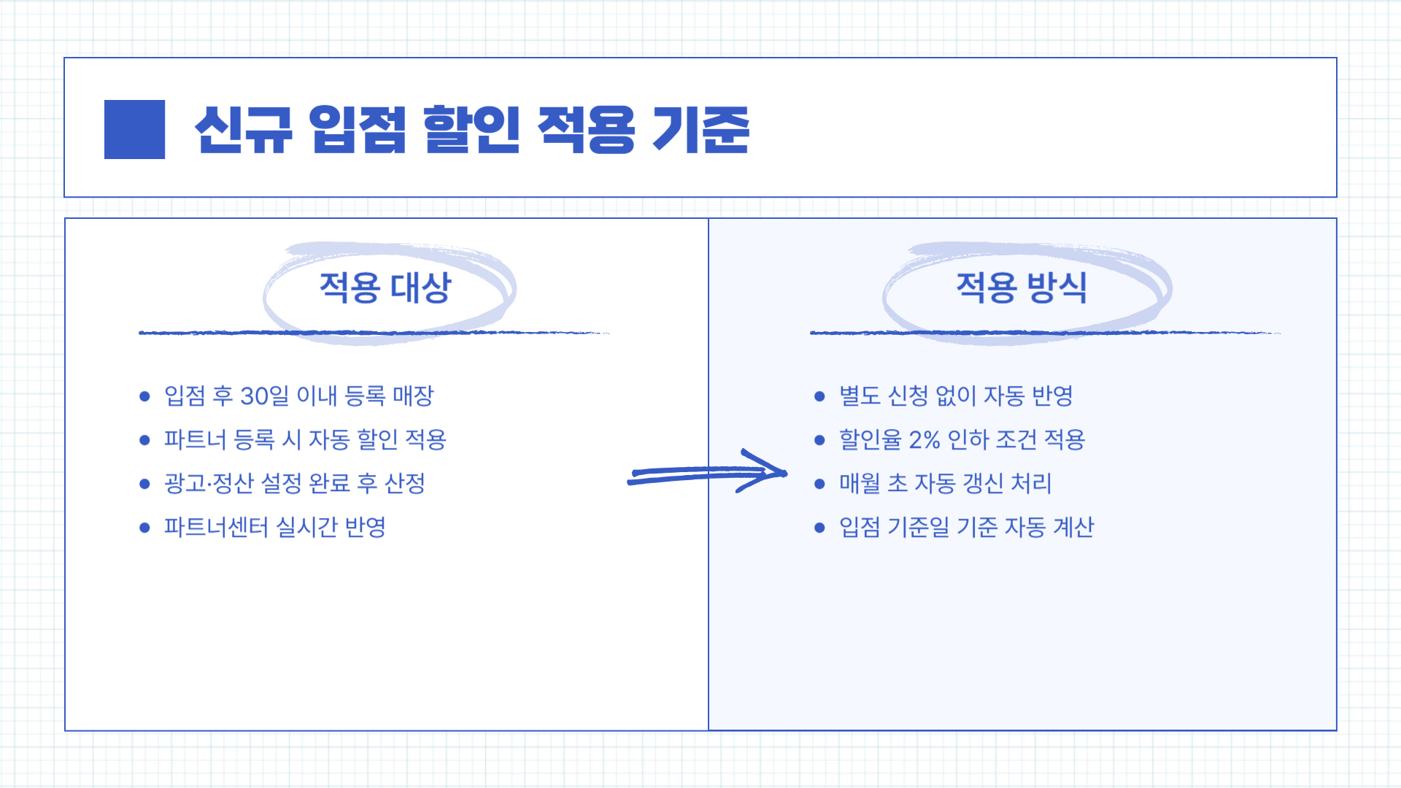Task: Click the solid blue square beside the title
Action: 134,129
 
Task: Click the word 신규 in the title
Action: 244,129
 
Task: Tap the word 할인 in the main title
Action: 471,129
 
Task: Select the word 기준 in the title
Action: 700,129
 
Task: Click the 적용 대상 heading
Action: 385,287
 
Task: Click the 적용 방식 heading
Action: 1022,287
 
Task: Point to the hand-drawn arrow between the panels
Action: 706,473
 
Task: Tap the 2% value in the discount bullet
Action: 924,440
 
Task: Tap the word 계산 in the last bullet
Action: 1073,527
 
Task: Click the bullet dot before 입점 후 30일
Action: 144,396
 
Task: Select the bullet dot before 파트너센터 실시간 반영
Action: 144,528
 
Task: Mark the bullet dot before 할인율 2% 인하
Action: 819,440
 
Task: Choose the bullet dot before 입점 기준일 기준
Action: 819,528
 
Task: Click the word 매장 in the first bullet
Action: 413,396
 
